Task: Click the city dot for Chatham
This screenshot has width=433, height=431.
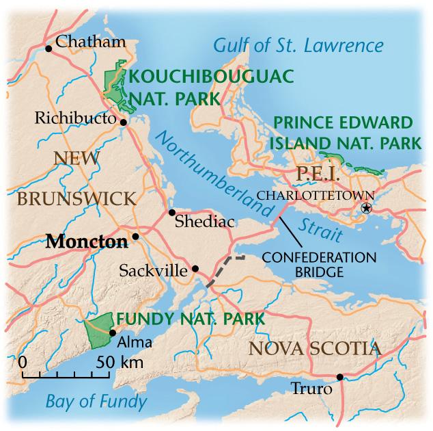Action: [48, 48]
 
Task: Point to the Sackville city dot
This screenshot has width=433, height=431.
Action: [195, 268]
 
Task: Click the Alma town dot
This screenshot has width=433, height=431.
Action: [112, 333]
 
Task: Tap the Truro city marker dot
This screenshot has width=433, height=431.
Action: [339, 377]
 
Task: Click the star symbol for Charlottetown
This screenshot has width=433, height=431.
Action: [367, 208]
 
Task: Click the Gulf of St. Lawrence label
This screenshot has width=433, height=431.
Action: [298, 46]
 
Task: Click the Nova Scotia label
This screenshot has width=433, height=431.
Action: [313, 349]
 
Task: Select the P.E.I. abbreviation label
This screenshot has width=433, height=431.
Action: [318, 173]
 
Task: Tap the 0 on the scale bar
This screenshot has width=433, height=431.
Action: [23, 361]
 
